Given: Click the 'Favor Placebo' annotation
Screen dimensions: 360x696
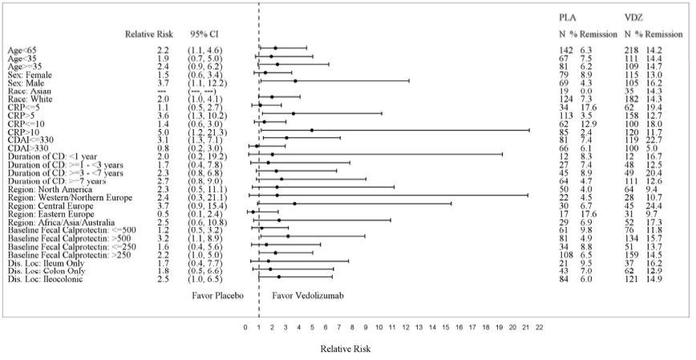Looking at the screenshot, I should click(218, 295).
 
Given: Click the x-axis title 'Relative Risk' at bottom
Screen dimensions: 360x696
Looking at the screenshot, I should click(345, 349).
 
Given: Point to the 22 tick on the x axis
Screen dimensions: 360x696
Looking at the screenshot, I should click(539, 328).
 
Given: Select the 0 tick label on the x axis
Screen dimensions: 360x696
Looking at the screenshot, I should click(245, 328).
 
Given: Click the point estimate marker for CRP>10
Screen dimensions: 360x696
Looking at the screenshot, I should click(312, 130).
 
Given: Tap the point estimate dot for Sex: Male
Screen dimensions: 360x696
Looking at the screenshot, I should click(295, 81).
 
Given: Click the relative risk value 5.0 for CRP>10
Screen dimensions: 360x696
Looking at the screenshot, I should click(162, 130).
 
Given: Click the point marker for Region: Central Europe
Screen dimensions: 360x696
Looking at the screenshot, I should click(295, 204).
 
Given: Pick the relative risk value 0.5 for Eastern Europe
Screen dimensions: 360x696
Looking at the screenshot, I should click(162, 212).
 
